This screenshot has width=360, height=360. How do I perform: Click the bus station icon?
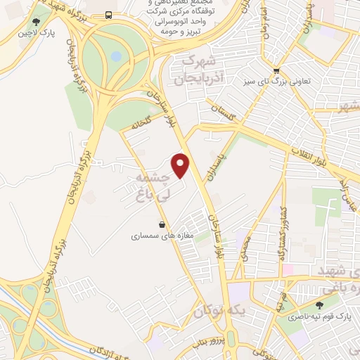[x=108, y=15]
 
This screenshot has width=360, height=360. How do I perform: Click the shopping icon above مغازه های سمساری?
[x=162, y=225]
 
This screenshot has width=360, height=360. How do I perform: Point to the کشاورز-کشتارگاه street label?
[x=283, y=232]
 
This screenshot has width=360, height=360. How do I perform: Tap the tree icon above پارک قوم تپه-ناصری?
[x=320, y=305]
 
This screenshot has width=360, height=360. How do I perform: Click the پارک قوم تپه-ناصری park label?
[x=320, y=317]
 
